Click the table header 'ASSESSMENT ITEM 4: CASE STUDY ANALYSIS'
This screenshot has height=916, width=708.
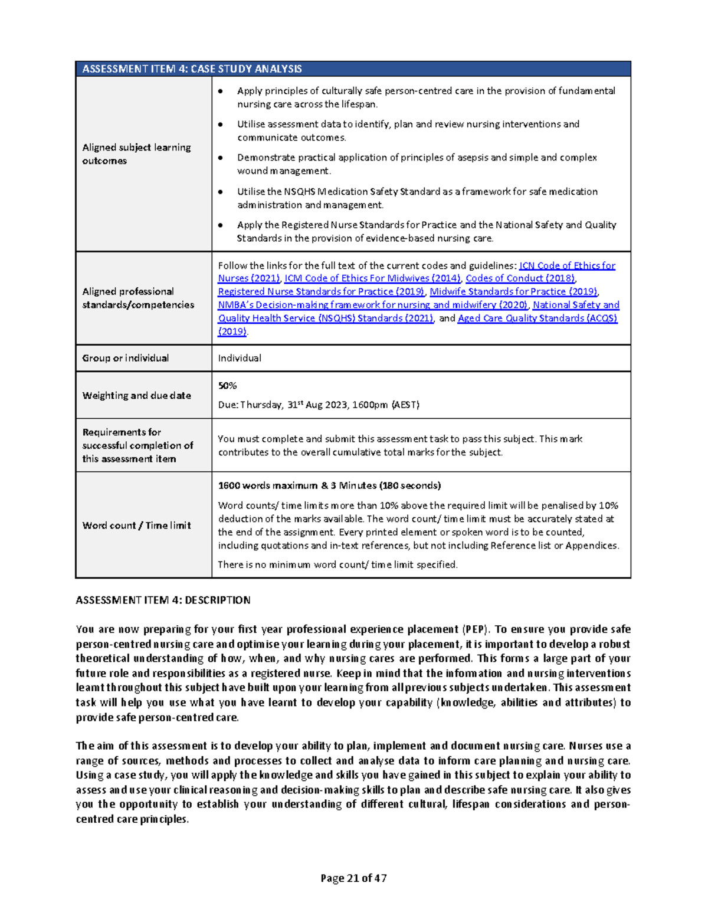(192, 69)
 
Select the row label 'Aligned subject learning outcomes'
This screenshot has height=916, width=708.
(136, 154)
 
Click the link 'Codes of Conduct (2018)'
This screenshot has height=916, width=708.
(520, 278)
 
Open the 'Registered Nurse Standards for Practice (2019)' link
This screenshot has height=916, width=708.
(321, 291)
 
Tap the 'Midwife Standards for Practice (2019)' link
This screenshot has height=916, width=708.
(513, 291)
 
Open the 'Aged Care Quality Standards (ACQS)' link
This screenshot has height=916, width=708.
(537, 318)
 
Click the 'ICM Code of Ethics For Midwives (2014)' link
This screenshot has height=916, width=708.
(372, 278)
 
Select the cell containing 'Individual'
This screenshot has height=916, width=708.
(240, 358)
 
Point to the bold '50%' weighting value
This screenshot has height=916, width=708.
(227, 386)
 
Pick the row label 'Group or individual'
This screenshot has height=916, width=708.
(126, 358)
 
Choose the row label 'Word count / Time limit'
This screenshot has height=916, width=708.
(136, 525)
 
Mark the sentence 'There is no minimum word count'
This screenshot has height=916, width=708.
(337, 564)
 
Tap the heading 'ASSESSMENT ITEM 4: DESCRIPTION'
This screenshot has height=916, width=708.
(163, 600)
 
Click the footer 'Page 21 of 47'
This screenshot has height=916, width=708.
(353, 878)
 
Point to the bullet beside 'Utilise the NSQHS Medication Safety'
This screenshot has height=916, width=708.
(221, 192)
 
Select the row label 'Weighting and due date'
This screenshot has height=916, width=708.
(136, 395)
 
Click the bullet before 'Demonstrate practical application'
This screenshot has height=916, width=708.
(221, 157)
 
